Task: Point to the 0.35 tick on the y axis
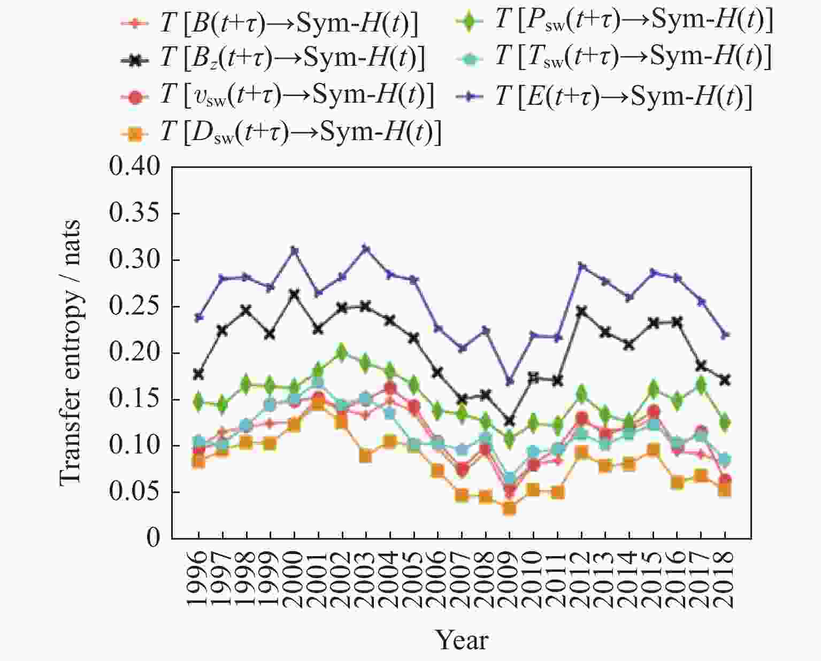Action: pos(134,213)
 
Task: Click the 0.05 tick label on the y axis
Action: pos(134,491)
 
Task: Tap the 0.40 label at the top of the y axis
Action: pos(134,166)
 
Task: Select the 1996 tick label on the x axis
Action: pos(198,580)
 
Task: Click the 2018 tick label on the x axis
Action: pos(725,580)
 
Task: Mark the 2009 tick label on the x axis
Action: pos(509,580)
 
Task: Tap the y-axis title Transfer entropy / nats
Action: pos(70,353)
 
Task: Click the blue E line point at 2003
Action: pos(366,249)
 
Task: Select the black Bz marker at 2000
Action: pos(294,294)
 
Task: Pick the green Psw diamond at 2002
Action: pos(342,352)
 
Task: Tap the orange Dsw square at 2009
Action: pos(509,508)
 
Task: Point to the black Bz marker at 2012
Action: pos(581,311)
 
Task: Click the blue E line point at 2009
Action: pos(509,381)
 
